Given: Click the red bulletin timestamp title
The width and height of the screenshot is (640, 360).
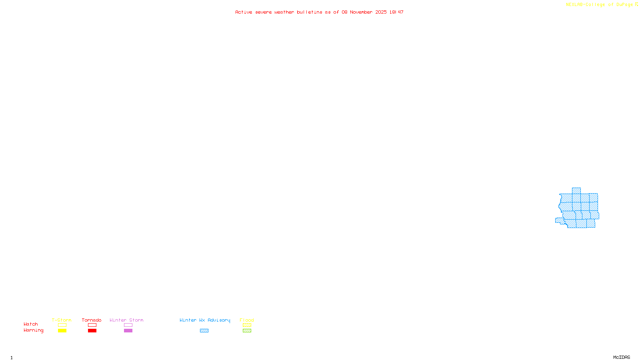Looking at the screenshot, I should pos(319,12).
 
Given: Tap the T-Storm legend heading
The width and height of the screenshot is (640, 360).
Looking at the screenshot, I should pos(62,320).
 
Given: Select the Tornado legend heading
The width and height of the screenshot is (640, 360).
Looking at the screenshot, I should pos(92,320).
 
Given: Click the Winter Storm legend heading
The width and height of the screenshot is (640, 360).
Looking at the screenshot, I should pos(126,320).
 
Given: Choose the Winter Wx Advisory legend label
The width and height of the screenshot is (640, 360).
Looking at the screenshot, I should pos(205,320).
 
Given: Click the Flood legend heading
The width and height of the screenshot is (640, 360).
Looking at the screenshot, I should pos(247,320).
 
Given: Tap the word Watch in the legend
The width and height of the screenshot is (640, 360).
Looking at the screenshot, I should pos(31,324).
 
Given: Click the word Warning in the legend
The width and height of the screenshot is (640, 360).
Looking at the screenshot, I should pos(34,330).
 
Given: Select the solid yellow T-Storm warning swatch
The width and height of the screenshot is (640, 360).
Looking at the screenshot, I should pos(62,331).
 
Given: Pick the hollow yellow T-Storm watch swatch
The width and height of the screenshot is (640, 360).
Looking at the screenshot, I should pos(62,325).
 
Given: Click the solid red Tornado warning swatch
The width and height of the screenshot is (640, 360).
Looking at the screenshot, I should pos(92,331).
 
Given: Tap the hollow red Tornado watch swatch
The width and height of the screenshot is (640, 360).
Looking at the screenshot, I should pos(92,325).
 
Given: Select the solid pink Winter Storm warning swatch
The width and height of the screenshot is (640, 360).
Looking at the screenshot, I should pos(128,331).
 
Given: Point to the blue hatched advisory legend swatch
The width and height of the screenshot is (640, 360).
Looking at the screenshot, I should pos(204,331).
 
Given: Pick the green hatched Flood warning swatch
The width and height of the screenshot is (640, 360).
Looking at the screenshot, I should pos(247,331).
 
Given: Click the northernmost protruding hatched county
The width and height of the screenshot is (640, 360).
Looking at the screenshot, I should pos(576,191).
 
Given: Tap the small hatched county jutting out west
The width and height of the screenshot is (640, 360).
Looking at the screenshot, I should pos(559,220).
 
